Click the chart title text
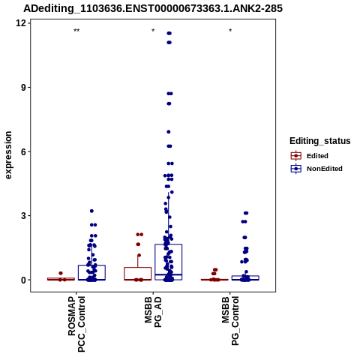(153, 9)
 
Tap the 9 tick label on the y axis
(23, 88)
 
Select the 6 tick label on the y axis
(23, 151)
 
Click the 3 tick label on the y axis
(23, 216)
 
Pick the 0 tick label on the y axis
(23, 280)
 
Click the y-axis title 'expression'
(8, 155)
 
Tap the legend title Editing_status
(320, 141)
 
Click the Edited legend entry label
(317, 156)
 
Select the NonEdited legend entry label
(325, 169)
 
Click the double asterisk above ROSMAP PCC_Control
(76, 31)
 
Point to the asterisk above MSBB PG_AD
(153, 31)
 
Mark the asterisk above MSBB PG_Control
(230, 31)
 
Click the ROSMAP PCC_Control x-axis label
(76, 324)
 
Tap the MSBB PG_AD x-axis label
(153, 312)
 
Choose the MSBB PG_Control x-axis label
(230, 321)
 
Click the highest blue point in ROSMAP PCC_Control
(91, 211)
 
